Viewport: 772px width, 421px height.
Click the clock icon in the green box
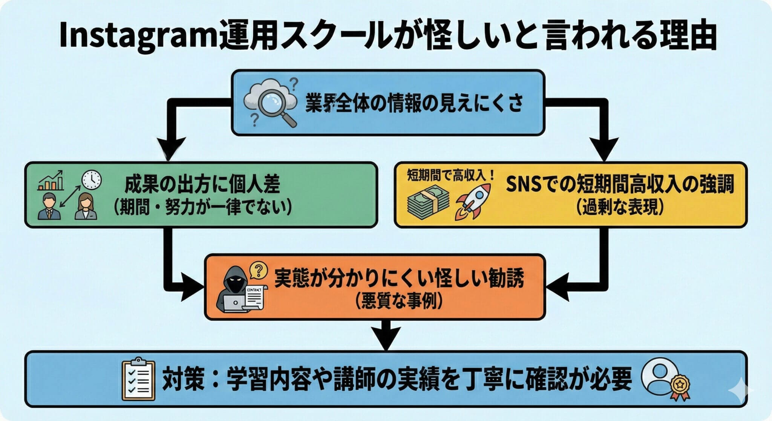[x=92, y=180]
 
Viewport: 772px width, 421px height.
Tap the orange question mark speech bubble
[x=259, y=270]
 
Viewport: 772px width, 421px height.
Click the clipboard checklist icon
[x=139, y=380]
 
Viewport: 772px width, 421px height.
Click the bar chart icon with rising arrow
[x=51, y=181]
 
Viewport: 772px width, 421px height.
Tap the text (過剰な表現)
[x=620, y=207]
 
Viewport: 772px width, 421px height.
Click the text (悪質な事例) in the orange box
[x=398, y=301]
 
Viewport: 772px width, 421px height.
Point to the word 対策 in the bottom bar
[x=184, y=380]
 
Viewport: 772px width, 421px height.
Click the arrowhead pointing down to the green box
[x=170, y=148]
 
